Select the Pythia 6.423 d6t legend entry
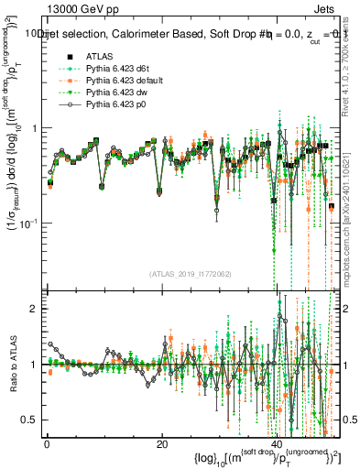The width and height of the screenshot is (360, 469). coord(115,69)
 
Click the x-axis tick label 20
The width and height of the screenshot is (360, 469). coord(162,444)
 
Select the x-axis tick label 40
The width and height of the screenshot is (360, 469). coord(277,444)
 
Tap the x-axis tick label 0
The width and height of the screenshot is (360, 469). coord(47,444)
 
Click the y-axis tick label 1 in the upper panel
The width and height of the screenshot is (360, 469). coord(35,128)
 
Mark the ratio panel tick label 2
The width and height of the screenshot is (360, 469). coord(35,309)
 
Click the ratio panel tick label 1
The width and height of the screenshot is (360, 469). coord(35,365)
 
